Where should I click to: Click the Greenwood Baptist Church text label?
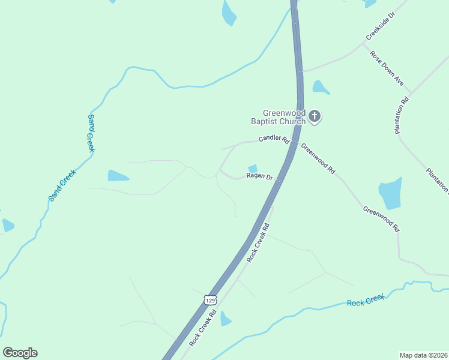tap(285, 116)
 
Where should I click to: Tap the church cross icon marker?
tap(315, 116)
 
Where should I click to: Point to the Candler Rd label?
tap(274, 139)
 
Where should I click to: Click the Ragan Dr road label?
tap(259, 176)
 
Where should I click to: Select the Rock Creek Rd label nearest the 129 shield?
tap(204, 328)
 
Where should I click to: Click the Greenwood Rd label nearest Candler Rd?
tap(318, 158)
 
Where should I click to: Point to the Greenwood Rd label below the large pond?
tap(381, 218)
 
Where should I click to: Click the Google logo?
tap(20, 353)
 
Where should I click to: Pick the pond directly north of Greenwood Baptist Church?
tap(320, 88)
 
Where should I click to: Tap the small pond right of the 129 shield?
tap(226, 318)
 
